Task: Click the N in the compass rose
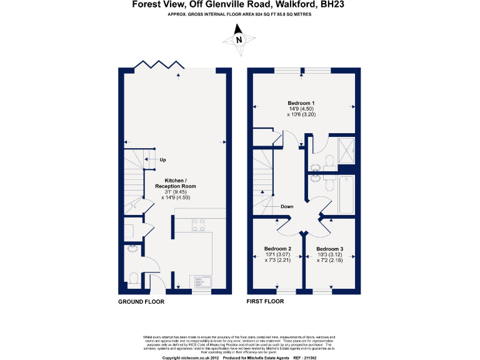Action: [238, 40]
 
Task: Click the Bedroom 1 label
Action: [301, 103]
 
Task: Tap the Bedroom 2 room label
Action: [277, 248]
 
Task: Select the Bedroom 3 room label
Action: [329, 248]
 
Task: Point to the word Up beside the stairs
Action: [162, 159]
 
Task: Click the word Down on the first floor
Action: [287, 206]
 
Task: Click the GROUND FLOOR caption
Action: [141, 301]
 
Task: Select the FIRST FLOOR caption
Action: [266, 301]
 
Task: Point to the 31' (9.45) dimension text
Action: [175, 192]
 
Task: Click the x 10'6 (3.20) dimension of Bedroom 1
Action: [301, 114]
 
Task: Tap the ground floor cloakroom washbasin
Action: [131, 248]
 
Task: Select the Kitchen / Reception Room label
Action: [175, 182]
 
